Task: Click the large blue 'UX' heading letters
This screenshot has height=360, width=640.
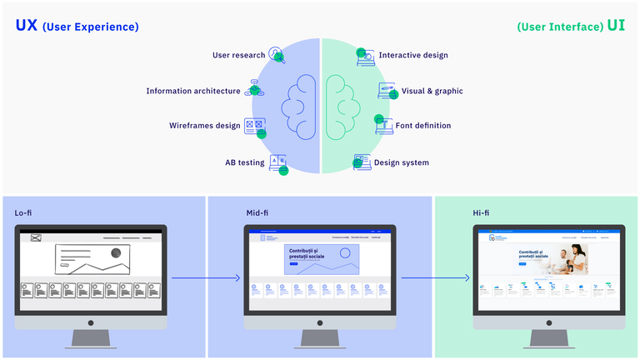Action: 26,26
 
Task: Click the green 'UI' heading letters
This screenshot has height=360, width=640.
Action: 616,26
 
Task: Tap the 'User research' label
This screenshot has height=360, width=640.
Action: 238,56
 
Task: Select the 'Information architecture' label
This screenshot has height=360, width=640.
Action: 192,91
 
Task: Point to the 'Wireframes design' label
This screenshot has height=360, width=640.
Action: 204,126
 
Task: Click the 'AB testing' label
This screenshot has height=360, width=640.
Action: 244,162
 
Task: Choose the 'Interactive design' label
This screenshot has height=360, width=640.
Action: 413,56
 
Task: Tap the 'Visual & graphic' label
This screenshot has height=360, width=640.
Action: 432,91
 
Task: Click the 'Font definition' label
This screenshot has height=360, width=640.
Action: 423,126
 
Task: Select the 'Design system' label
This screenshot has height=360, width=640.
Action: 402,162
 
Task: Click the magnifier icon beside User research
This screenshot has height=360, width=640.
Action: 276,55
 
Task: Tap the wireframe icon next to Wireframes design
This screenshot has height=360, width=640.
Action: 254,126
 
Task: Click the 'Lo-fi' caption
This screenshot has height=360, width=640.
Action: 23,213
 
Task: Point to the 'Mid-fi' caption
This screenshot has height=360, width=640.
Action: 257,213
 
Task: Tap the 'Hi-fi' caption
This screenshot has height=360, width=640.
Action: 481,213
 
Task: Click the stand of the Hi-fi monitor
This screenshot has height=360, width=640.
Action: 547,337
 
